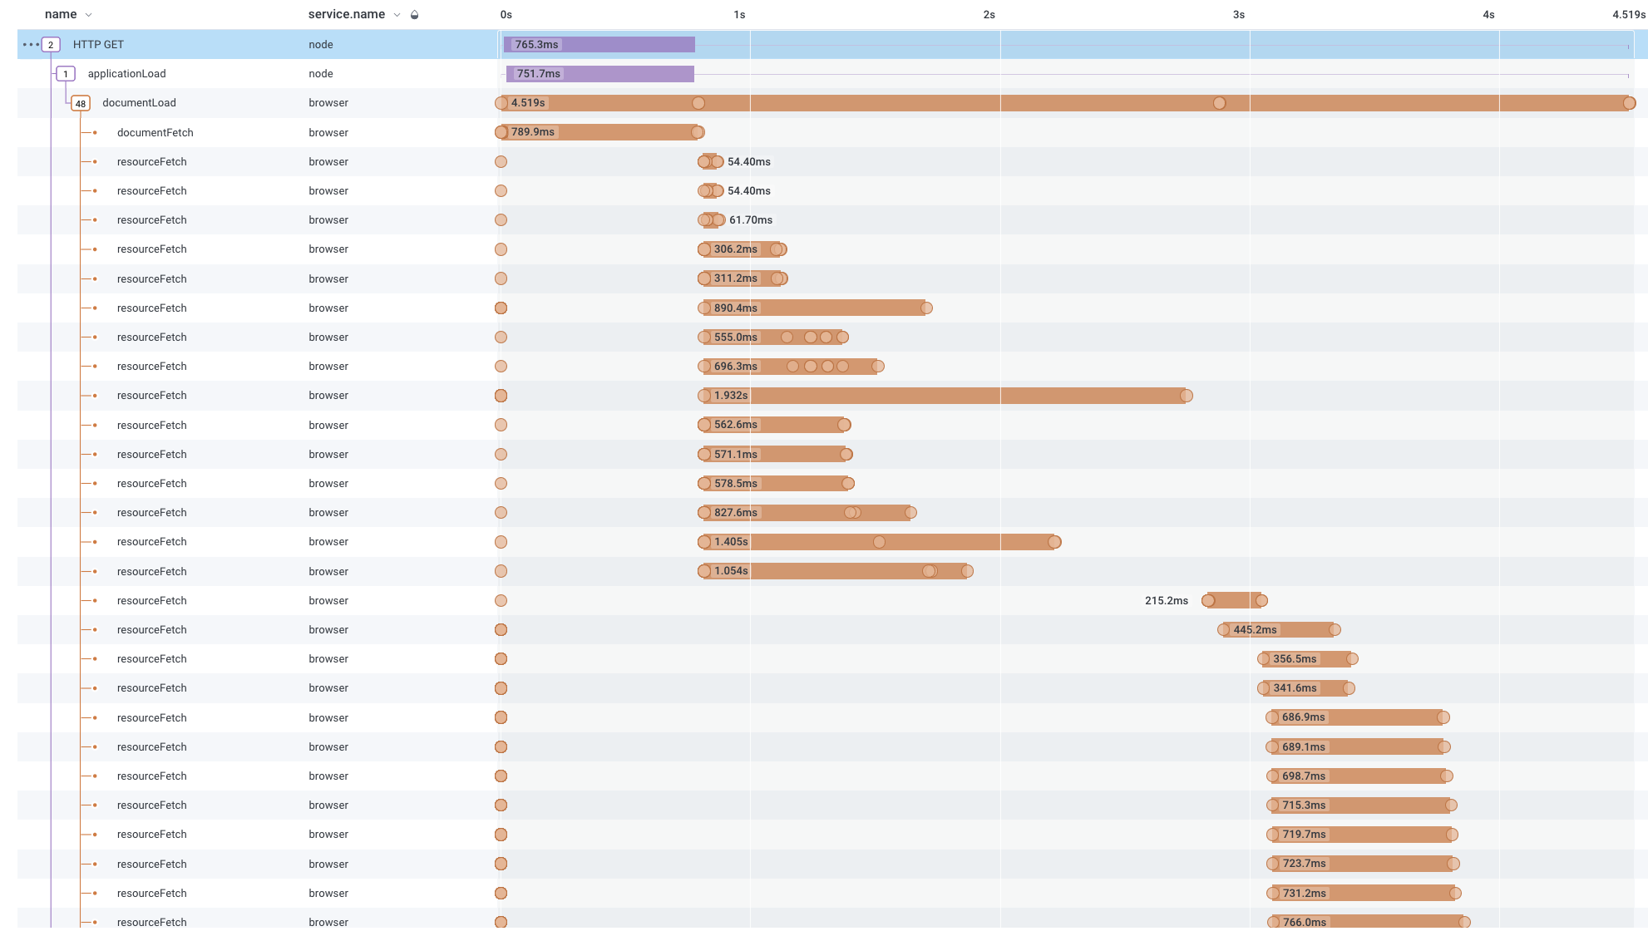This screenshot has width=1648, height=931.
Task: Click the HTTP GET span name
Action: tap(98, 45)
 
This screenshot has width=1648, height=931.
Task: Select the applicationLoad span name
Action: tap(126, 74)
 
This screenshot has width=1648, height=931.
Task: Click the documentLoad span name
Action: tap(139, 103)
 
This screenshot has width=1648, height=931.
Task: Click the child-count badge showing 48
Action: tap(81, 104)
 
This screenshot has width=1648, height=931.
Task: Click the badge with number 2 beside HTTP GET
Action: tap(51, 45)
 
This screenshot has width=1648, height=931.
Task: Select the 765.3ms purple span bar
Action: tap(624, 45)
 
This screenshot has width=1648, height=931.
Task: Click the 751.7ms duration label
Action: tap(539, 74)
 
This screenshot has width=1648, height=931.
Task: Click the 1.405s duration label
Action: tap(731, 542)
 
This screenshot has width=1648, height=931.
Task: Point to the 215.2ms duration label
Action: tap(1166, 601)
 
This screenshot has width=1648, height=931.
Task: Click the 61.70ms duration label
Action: tap(751, 220)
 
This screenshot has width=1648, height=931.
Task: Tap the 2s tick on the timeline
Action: tap(989, 15)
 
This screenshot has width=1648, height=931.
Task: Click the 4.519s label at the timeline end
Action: tap(1628, 15)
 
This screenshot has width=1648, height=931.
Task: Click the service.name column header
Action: tap(346, 15)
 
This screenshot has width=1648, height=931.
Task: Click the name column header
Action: tap(61, 15)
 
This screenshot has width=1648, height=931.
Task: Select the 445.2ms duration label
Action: tap(1255, 630)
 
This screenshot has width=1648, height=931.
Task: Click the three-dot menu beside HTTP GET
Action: tap(31, 45)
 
